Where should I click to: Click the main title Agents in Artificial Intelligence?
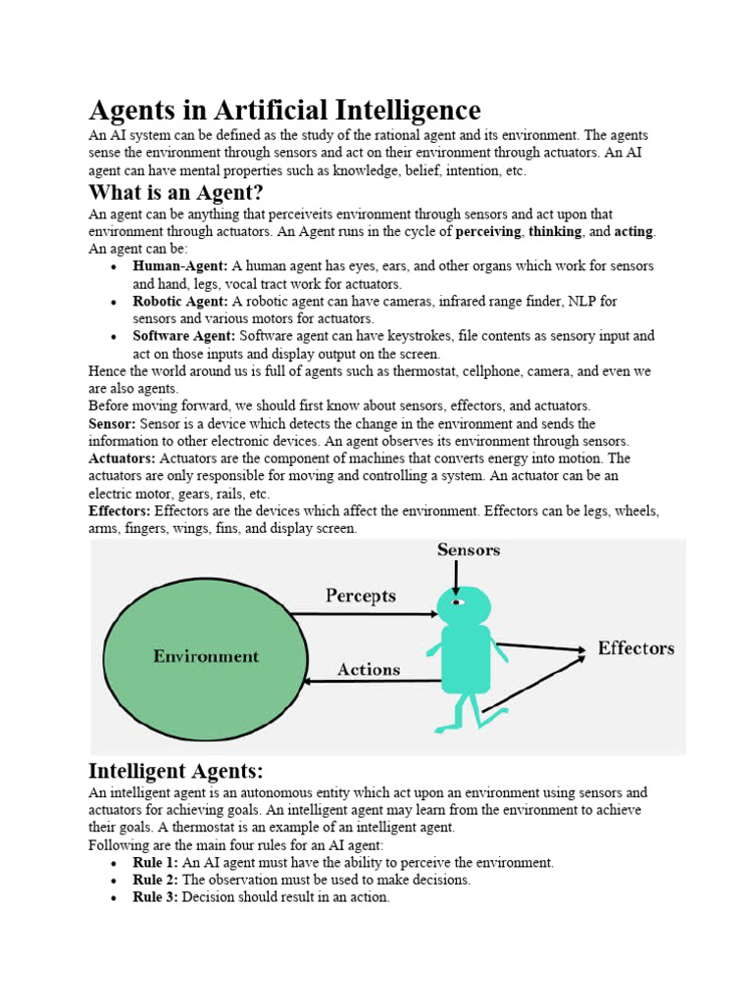pos(284,110)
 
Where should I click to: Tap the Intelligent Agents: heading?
pos(176,770)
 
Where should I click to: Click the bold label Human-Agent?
pos(180,266)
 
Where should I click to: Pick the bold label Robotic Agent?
pos(180,302)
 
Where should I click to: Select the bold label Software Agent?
pos(184,336)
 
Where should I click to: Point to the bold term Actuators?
pos(123,458)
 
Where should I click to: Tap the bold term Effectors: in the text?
pos(120,511)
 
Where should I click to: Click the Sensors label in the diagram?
pos(468,550)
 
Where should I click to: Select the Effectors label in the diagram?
pos(635,648)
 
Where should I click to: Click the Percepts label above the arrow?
pos(360,596)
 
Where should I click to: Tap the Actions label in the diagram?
pos(369,670)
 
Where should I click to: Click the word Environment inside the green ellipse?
pos(206,656)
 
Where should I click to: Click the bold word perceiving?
pos(489,232)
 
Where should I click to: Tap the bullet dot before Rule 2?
pos(115,881)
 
